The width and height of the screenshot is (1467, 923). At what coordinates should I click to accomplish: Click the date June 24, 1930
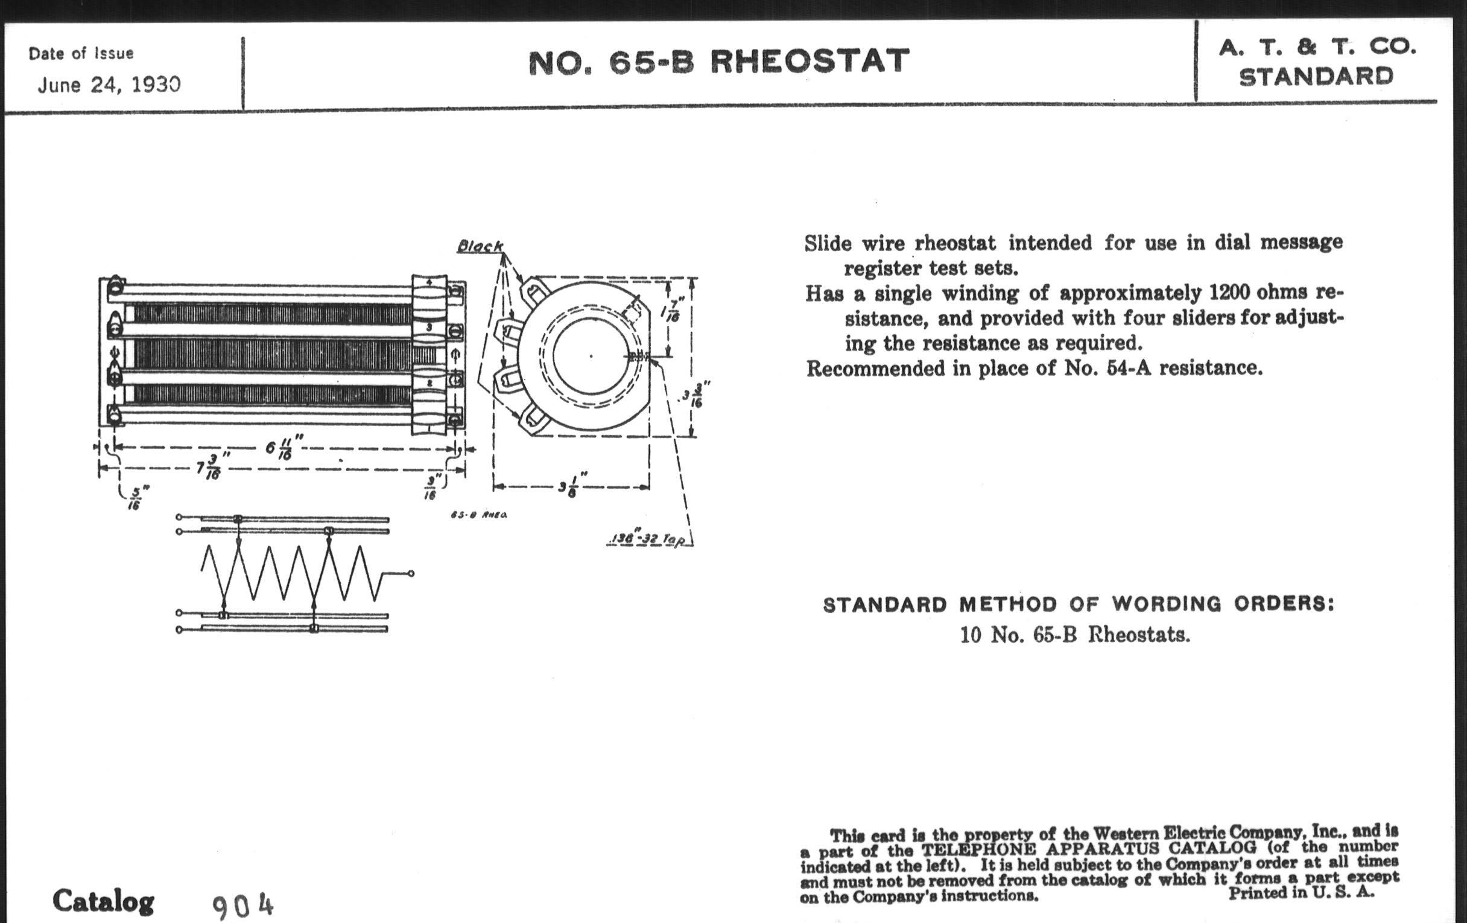(109, 84)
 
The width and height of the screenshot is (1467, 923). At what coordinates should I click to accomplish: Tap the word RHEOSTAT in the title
(810, 62)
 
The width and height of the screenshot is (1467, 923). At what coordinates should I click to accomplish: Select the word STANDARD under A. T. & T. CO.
(1316, 77)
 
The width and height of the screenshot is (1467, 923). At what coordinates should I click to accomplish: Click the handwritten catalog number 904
(243, 906)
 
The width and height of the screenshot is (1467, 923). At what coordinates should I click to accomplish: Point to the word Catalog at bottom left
(103, 901)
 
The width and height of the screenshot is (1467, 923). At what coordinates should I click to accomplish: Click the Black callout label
(480, 246)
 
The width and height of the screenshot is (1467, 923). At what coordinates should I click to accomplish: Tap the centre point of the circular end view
(591, 356)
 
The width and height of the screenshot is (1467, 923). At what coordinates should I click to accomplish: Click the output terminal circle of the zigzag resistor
(411, 573)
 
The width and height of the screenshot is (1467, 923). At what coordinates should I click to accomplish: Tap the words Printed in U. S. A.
(1301, 893)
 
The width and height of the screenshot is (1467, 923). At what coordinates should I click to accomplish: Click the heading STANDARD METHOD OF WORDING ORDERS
(1079, 604)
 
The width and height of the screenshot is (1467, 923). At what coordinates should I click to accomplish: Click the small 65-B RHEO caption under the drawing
(479, 515)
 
